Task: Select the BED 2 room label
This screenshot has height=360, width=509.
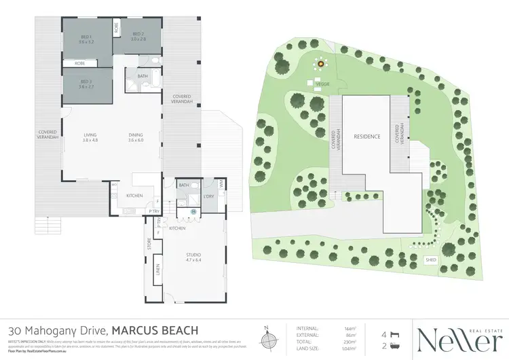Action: [138, 35]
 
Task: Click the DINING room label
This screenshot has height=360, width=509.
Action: [136, 135]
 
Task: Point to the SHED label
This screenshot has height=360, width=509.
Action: [430, 259]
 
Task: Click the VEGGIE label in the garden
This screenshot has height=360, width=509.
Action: [322, 84]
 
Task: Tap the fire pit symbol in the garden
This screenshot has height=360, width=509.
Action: [318, 65]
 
